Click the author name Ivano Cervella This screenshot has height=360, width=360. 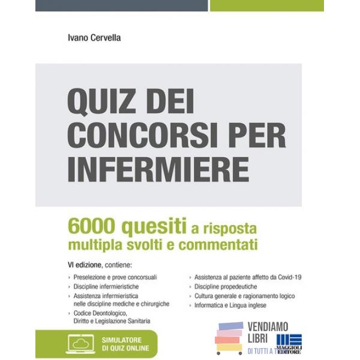pos(94,38)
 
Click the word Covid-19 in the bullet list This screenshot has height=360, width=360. pos(287,277)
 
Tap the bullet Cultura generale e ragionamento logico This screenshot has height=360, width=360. pos(244,296)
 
